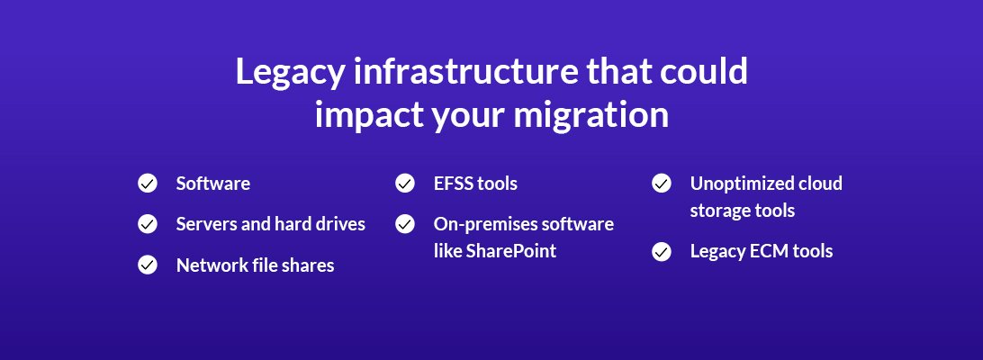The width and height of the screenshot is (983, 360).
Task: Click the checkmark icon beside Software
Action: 148,184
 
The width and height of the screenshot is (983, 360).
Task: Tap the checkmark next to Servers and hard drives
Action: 148,223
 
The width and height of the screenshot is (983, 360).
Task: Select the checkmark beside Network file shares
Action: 148,265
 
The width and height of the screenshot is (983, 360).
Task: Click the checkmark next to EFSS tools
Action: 405,184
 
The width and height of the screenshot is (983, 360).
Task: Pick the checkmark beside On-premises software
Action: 405,223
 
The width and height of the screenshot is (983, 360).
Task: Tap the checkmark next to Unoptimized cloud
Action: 662,184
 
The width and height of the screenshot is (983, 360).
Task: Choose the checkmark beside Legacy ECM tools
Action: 662,251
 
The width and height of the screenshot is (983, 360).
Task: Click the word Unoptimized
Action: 741,184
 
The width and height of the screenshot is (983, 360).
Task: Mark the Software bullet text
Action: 213,184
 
